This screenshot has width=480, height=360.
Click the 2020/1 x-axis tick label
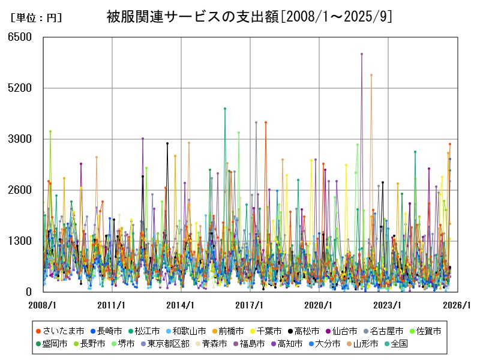pos(319,305)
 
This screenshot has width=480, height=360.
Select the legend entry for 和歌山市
pos(187,331)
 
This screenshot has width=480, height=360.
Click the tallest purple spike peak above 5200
pos(362,54)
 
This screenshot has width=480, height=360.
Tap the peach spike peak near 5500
pos(371,75)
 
